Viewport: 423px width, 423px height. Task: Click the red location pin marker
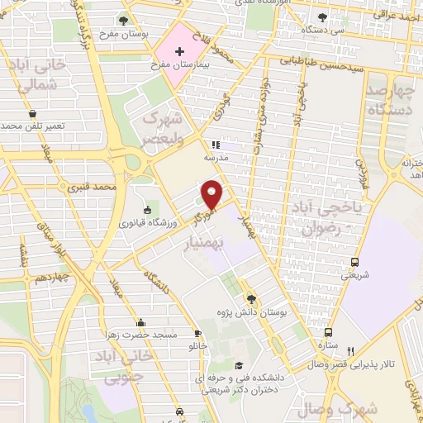click(213, 194)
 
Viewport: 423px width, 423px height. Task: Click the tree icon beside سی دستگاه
click(322, 17)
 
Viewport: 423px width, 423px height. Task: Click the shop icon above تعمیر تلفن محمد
click(31, 113)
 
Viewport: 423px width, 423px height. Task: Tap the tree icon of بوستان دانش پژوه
click(251, 298)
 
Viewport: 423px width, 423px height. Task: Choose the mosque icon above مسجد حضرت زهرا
click(141, 322)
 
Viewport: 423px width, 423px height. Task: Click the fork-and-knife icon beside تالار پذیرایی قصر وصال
click(351, 351)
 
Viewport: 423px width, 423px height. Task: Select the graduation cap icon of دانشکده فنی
click(239, 365)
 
